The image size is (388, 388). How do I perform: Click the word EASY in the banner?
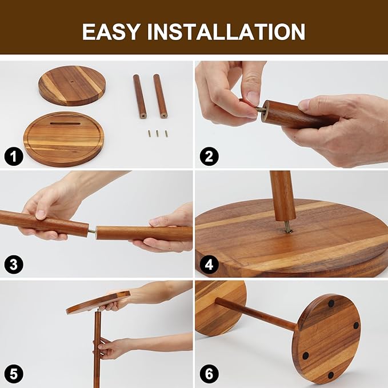111,31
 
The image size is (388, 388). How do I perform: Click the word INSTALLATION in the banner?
226,31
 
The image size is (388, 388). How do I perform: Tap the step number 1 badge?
14,157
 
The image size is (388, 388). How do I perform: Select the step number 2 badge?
209,157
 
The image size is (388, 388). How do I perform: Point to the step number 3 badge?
14,264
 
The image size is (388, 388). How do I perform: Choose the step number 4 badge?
209,265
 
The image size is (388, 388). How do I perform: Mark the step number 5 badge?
14,374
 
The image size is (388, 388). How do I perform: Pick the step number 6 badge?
209,374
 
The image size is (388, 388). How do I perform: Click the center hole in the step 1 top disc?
71,81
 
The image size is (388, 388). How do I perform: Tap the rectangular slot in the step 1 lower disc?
65,123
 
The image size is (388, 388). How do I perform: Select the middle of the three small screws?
157,134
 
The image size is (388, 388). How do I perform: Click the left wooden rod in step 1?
140,96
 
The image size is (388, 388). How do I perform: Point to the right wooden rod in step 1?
160,96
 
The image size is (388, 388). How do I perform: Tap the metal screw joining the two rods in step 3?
92,231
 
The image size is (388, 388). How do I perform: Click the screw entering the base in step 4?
288,227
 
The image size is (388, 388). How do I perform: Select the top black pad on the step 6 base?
331,303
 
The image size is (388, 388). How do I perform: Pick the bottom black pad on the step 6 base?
331,375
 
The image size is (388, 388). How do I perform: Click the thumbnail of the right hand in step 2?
305,105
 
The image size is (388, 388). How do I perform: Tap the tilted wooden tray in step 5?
98,302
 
